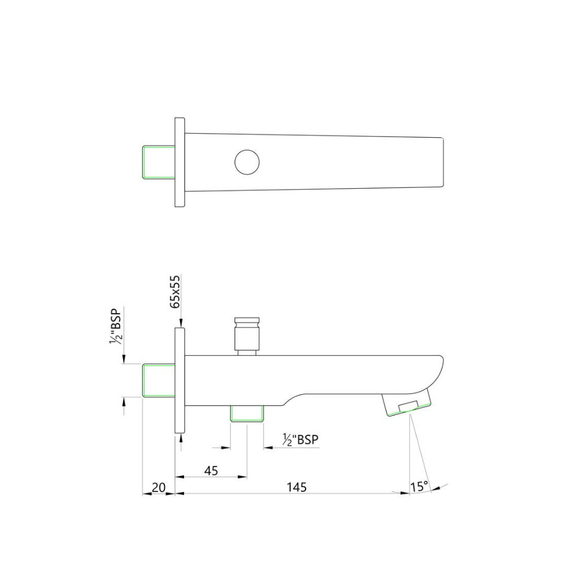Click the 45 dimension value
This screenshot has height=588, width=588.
[x=211, y=471]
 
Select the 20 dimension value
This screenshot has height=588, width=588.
[x=158, y=487]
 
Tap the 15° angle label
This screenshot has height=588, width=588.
[x=420, y=486]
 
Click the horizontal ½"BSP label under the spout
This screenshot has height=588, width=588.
[x=300, y=440]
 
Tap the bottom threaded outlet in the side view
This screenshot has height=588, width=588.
[x=247, y=413]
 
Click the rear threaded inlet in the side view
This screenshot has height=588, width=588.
[x=158, y=380]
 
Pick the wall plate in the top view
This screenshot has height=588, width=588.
[x=179, y=162]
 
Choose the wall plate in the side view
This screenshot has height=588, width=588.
[x=179, y=380]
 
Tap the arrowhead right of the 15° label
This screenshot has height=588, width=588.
[x=435, y=488]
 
